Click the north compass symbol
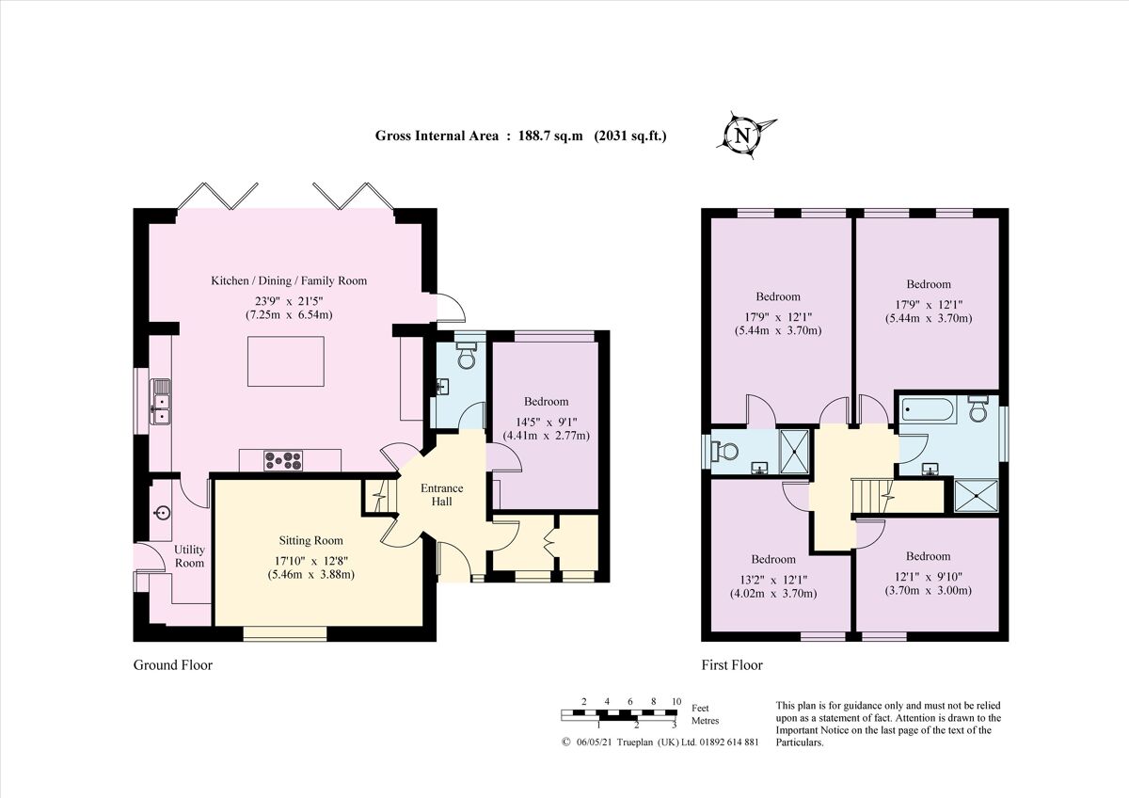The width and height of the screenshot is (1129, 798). (x=745, y=134)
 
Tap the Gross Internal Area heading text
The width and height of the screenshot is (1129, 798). (x=520, y=136)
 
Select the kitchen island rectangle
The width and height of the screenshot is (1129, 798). (x=286, y=361)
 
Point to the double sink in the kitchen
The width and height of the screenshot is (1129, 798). (x=161, y=400)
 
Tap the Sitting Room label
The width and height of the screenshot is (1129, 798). (x=310, y=541)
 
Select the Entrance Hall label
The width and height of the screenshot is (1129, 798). (x=441, y=495)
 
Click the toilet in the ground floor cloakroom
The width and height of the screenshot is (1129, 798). (x=466, y=356)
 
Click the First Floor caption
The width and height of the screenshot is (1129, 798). (x=732, y=665)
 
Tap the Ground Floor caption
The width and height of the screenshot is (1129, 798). (x=172, y=665)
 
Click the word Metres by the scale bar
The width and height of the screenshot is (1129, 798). (x=705, y=721)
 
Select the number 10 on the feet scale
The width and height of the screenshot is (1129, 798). (x=676, y=702)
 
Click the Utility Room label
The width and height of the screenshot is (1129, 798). (x=189, y=556)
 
